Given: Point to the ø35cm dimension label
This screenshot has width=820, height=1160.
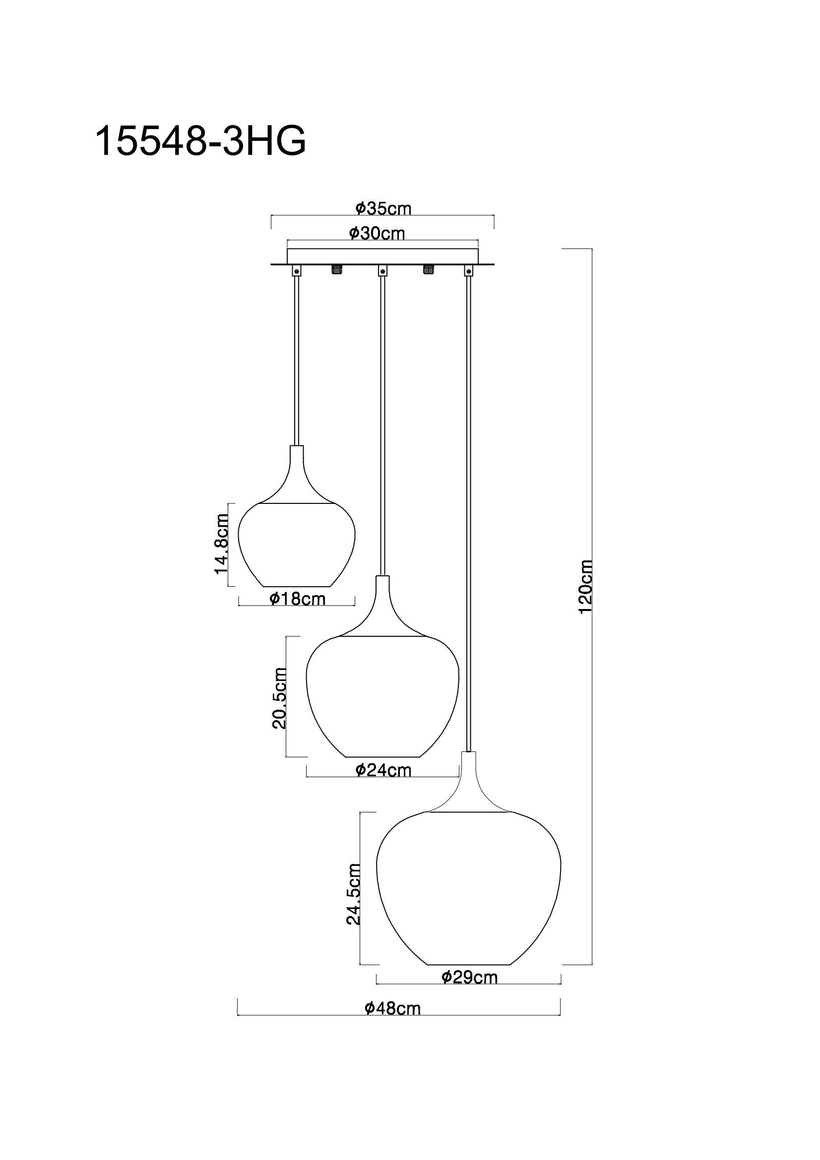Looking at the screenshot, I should pos(383,208).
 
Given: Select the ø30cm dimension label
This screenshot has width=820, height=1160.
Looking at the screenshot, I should pos(377,233).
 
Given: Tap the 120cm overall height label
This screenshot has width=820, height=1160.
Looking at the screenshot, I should pos(585,586).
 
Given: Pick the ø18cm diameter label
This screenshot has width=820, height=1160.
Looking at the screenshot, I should pos(297,599).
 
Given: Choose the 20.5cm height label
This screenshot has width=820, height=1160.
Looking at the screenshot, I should pos(279,698).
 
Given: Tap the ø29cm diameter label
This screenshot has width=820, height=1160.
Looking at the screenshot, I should pos(469,977).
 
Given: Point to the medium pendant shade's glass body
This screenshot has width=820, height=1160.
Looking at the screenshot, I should pos(382,702).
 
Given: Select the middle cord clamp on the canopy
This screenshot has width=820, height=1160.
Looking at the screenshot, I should pos(383,271).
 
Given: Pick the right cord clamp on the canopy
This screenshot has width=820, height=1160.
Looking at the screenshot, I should pos(469,271).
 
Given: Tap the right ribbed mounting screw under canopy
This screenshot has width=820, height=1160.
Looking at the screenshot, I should pos(429,269).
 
